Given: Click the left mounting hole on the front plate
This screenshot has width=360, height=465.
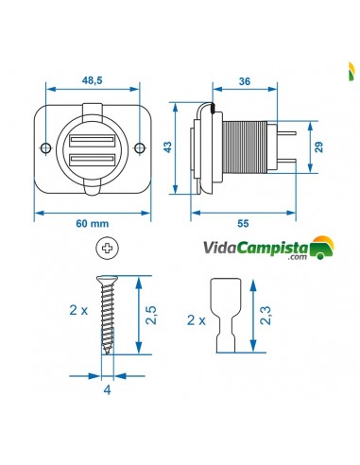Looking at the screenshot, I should point(44,146).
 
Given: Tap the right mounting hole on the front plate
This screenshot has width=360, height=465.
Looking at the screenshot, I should point(140,146).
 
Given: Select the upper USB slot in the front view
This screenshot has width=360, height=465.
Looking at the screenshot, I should point(92,132).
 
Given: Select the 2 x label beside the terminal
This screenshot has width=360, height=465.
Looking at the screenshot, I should point(196,320).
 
